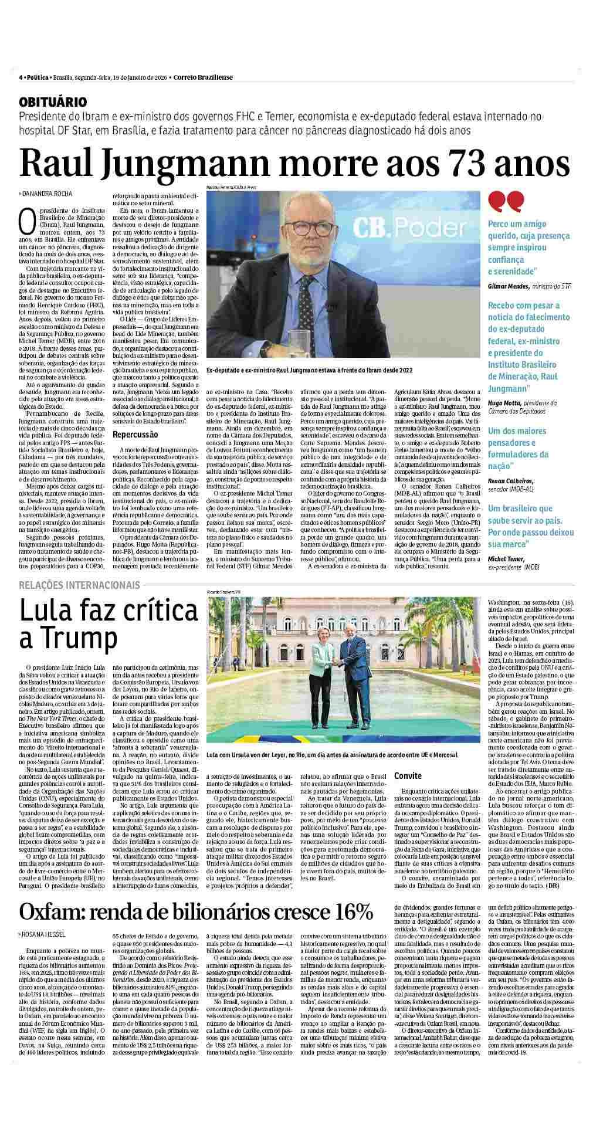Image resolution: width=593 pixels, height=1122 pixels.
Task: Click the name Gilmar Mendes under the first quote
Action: (x=509, y=286)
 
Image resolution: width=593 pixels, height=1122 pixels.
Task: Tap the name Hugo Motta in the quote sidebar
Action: (x=505, y=403)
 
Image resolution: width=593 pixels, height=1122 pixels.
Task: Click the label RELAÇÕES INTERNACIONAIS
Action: (x=79, y=585)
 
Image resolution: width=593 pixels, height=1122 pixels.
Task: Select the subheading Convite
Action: (x=408, y=775)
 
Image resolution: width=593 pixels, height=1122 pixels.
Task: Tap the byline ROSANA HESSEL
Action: (x=43, y=934)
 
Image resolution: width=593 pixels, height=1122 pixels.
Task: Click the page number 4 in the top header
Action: (x=21, y=77)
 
